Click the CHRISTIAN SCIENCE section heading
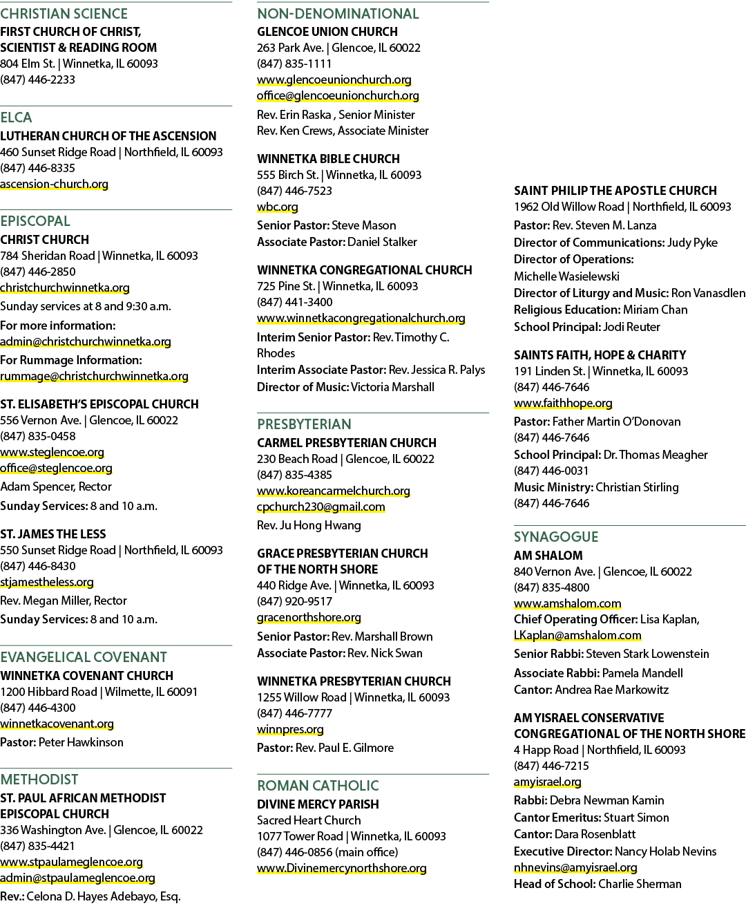[64, 14]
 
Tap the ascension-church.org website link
[54, 184]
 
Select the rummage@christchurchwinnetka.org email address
[94, 376]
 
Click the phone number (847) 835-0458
[38, 436]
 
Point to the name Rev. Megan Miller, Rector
[64, 601]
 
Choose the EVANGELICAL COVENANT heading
[84, 657]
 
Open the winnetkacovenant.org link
[57, 724]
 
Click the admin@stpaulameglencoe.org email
[77, 878]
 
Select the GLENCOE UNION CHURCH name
[327, 32]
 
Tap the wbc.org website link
[278, 207]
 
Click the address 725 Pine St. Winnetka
[338, 286]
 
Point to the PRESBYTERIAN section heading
[304, 424]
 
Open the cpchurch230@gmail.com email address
[321, 507]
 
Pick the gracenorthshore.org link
[309, 617]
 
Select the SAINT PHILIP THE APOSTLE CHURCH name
[615, 191]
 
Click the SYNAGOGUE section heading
[556, 537]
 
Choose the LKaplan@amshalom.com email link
[577, 635]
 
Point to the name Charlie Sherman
[640, 884]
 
